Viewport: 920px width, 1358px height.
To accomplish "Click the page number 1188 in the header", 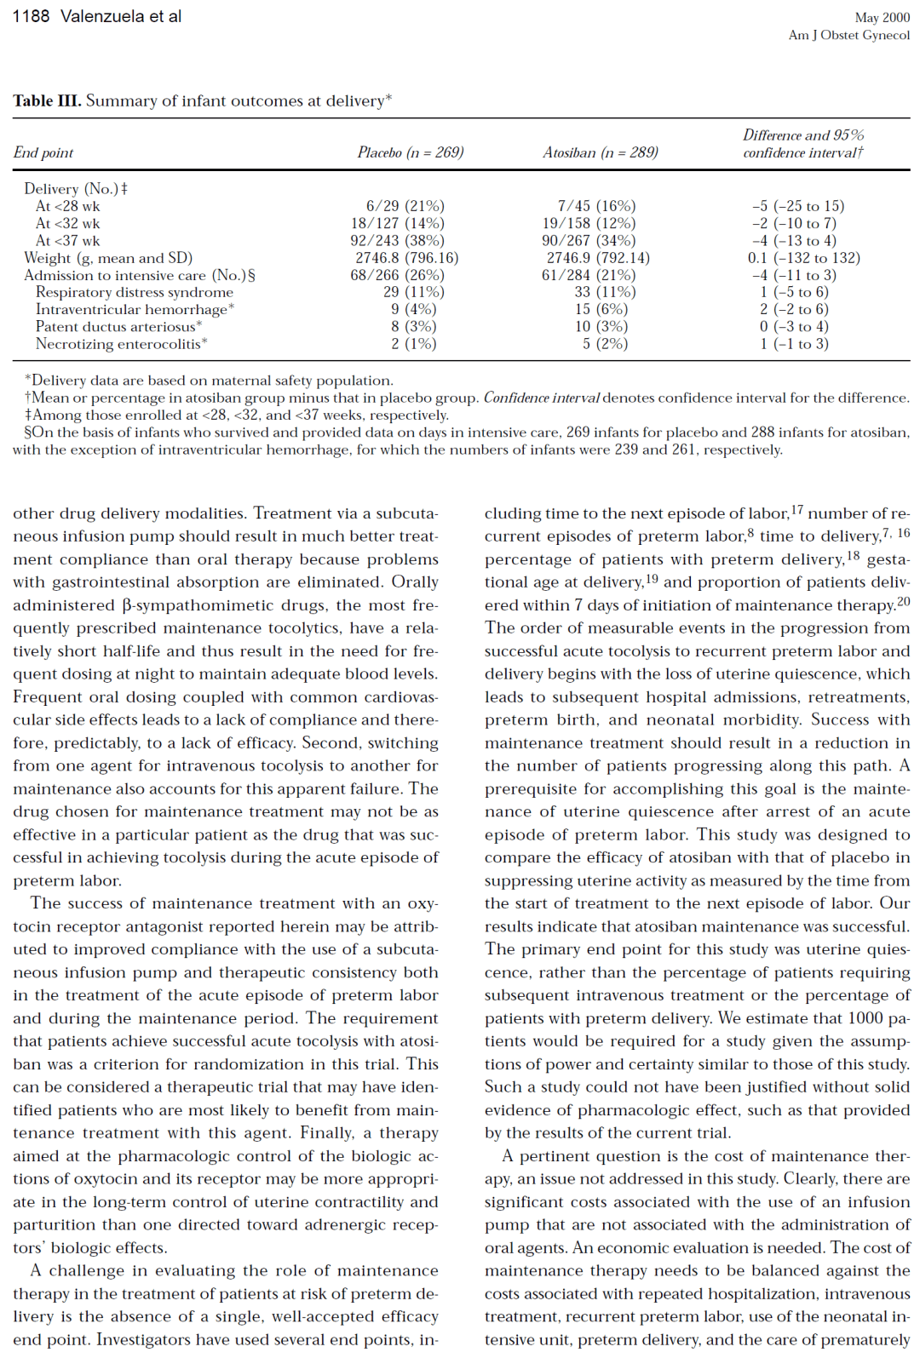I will [x=31, y=16].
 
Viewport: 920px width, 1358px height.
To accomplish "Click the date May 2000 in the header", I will [x=883, y=17].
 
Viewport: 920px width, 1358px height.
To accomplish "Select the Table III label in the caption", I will [x=47, y=100].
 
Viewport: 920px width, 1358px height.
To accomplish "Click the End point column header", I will [x=43, y=152].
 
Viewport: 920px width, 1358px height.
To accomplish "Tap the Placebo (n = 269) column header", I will [x=411, y=152].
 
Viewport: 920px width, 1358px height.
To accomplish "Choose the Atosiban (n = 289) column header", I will [x=601, y=152].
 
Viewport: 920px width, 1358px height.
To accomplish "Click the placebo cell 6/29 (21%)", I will [x=405, y=206].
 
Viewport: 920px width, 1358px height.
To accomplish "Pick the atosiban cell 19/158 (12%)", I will [x=583, y=223].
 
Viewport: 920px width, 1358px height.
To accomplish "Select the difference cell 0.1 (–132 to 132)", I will [x=804, y=258].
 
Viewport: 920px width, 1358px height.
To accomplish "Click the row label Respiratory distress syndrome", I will [x=135, y=292].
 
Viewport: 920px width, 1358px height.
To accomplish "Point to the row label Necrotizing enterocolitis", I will [x=120, y=344].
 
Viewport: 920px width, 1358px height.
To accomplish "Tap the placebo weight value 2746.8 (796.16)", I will [x=407, y=258].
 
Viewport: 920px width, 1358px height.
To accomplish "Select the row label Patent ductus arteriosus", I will [x=117, y=327].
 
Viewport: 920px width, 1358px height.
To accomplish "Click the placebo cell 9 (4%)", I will [x=414, y=309].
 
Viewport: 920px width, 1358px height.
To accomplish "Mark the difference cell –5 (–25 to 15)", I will [x=798, y=206].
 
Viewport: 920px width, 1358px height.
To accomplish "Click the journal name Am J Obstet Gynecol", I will [x=849, y=35].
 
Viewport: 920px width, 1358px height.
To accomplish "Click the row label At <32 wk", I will [x=68, y=223].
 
